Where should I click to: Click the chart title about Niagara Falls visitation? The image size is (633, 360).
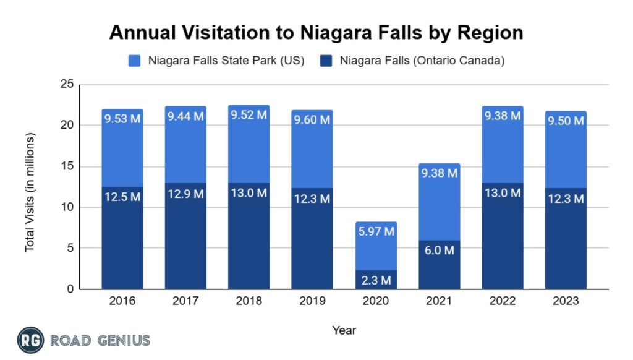(316, 32)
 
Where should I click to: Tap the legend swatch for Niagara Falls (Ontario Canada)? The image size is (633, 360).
(326, 61)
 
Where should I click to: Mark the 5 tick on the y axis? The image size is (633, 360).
(69, 248)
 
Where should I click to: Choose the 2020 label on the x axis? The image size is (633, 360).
(376, 301)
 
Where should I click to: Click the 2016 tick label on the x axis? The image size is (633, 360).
(122, 301)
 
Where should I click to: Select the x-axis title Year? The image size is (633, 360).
(344, 330)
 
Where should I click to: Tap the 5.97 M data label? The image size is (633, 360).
(376, 232)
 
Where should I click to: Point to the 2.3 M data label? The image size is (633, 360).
(376, 280)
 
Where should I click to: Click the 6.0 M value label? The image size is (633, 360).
(439, 251)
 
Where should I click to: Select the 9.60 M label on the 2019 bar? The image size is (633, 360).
(312, 120)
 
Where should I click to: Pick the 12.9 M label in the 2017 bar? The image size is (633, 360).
(185, 194)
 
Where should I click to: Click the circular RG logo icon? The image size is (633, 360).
(30, 340)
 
